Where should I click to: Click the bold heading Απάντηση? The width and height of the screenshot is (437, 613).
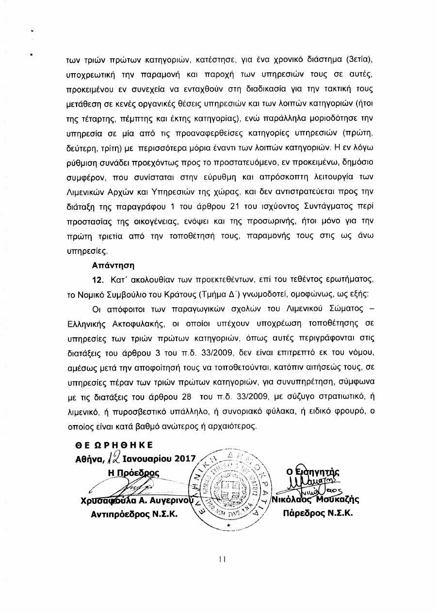[113, 266]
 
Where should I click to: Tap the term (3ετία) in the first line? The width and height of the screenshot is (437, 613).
[359, 61]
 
